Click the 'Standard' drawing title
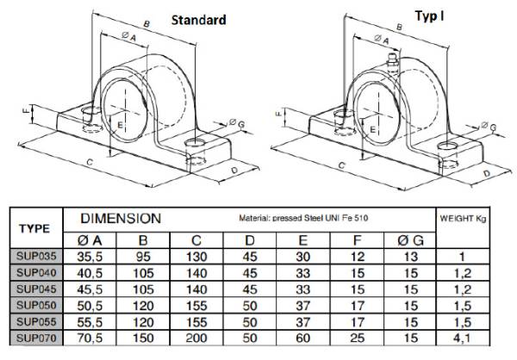tap(199, 20)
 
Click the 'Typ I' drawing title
tap(429, 16)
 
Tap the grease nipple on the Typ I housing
tap(392, 59)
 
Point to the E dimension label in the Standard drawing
tap(120, 125)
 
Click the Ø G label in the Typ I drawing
tap(489, 127)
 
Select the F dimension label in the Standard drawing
tap(26, 111)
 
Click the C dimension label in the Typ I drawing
tap(342, 165)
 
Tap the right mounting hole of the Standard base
tap(195, 143)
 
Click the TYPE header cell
tap(34, 228)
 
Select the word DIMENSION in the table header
tap(121, 219)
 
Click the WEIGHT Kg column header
tap(463, 218)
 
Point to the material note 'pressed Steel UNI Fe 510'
tap(321, 218)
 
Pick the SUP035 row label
tap(36, 256)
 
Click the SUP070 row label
tap(36, 338)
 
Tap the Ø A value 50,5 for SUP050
tap(90, 306)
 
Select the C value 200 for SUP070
tap(196, 338)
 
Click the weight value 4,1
tap(462, 338)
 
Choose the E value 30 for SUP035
tap(303, 257)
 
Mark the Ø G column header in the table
tap(410, 240)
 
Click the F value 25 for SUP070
tap(358, 338)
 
